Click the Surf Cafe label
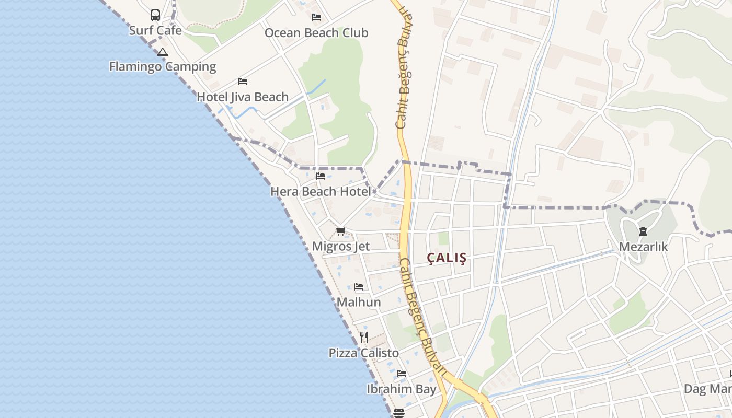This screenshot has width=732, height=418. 155,30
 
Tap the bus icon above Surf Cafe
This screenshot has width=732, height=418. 155,15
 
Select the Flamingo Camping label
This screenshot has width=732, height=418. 163,66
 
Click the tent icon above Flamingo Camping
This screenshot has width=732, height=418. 163,52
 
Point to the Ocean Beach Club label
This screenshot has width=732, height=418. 316,33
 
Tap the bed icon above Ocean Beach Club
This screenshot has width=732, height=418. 316,17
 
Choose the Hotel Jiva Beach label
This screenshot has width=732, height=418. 243,97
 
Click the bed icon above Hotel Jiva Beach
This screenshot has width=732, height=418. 243,82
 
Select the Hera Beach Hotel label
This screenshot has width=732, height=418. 321,192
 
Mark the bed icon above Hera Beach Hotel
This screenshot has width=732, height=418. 321,176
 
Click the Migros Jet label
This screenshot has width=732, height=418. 341,247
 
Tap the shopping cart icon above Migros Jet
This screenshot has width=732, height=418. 341,231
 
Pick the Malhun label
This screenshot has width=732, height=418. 359,302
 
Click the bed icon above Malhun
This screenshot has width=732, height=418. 359,287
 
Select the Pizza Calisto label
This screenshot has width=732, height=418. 364,353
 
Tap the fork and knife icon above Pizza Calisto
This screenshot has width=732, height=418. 364,337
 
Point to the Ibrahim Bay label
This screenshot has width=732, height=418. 402,389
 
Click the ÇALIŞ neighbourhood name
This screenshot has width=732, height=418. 447,258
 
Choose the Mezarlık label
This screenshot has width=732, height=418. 643,247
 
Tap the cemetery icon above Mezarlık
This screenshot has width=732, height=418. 643,231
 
